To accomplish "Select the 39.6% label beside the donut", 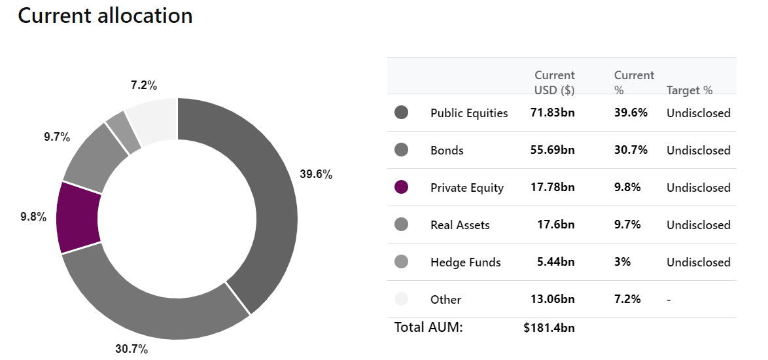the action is [316, 174].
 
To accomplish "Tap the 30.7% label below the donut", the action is [131, 350].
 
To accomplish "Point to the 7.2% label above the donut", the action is [144, 85].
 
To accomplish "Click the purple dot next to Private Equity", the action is [401, 187].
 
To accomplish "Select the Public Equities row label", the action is [469, 113].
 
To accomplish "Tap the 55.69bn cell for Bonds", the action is [553, 150].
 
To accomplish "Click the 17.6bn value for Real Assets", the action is [556, 225].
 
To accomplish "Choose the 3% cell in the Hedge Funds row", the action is [623, 262].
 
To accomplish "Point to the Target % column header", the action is [689, 90].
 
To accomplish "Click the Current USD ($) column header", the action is [555, 82].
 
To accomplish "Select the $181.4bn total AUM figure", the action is [549, 328].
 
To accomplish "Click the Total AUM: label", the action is [428, 327].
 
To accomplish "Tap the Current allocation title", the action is [105, 16].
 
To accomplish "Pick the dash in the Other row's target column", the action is [669, 299].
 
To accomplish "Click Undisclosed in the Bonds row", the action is [699, 151].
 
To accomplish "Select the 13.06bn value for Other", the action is [553, 298].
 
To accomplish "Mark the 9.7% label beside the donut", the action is [57, 137].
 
